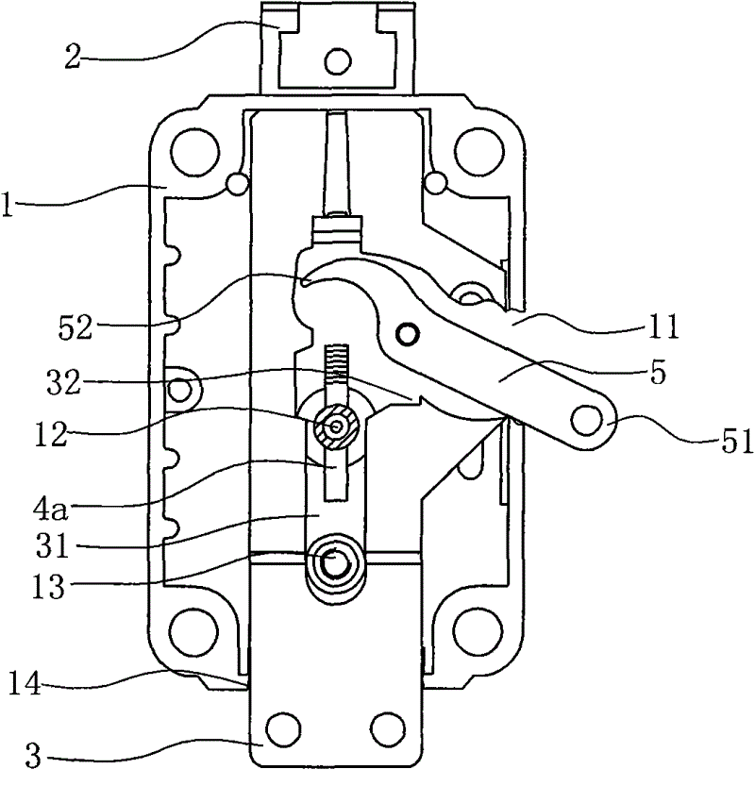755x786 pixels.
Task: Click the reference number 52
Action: tap(75, 328)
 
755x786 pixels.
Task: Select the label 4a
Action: tap(50, 508)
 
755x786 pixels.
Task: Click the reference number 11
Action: tap(663, 326)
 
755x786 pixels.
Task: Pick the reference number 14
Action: tap(25, 683)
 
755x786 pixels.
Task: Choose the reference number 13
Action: tap(49, 587)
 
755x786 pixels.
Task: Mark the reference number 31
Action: tap(52, 546)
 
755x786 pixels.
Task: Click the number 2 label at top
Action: tap(73, 57)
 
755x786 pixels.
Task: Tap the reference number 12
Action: tap(51, 434)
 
